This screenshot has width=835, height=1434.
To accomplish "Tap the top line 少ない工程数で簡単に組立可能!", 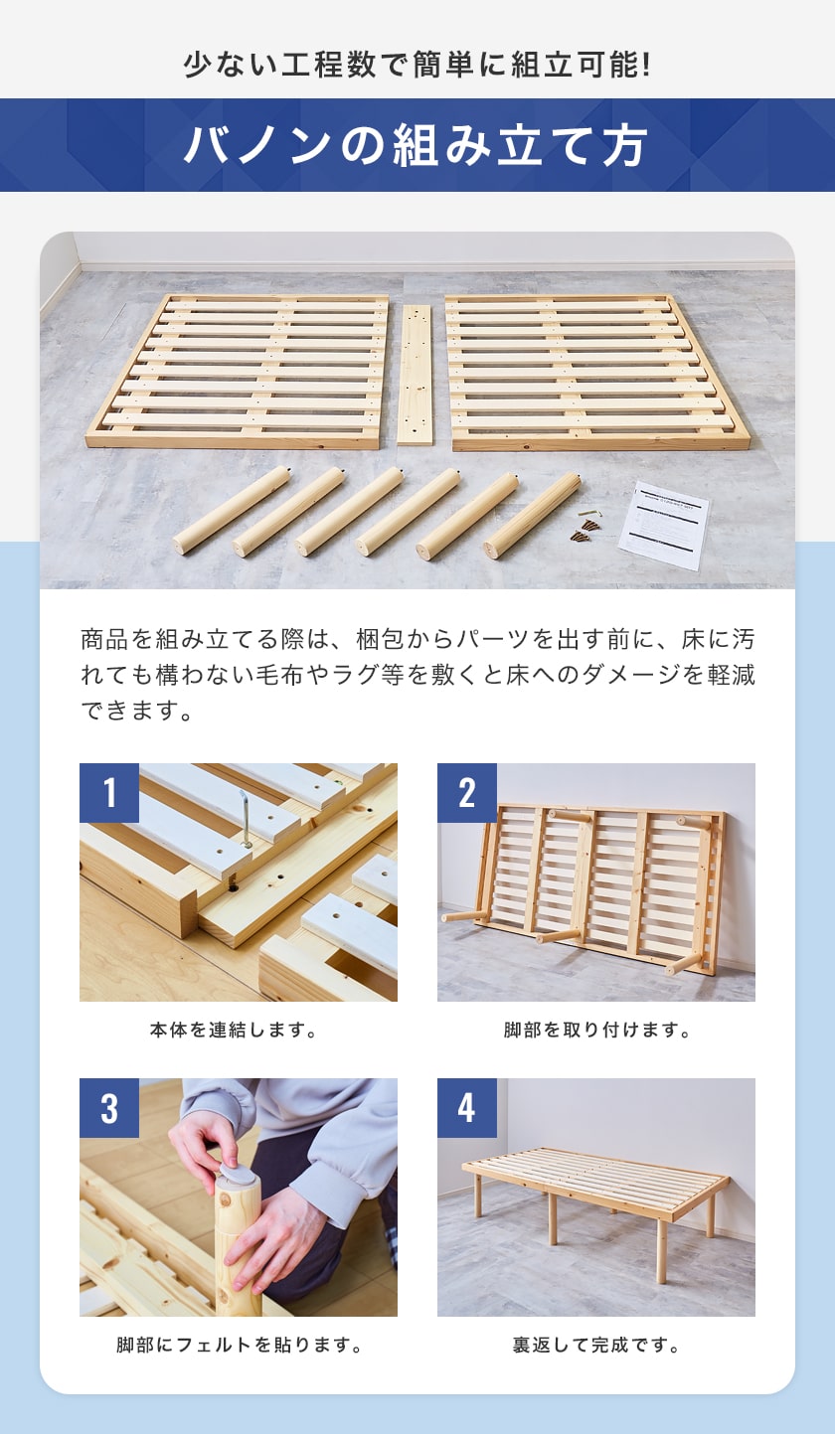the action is click(417, 65).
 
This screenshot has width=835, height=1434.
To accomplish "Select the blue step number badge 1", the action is click(109, 793).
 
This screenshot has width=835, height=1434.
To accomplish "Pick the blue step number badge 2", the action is click(467, 793).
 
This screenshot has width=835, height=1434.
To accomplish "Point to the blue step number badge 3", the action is click(109, 1108).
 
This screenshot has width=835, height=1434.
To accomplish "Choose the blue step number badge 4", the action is click(467, 1108).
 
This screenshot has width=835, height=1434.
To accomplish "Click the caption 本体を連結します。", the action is click(234, 1031).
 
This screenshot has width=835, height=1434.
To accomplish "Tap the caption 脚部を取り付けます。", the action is click(596, 1031).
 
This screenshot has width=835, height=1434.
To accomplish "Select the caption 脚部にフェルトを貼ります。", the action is click(239, 1345).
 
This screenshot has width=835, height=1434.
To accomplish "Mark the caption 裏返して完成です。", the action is click(596, 1345).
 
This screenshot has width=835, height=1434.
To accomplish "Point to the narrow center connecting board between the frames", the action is click(414, 375).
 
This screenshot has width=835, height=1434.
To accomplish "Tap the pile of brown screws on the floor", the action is click(585, 529).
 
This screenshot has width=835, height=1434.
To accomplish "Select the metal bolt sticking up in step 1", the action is click(245, 819).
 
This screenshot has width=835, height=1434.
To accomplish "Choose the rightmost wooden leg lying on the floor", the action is click(533, 516).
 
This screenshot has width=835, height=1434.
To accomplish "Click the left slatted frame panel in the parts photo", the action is click(238, 372).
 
